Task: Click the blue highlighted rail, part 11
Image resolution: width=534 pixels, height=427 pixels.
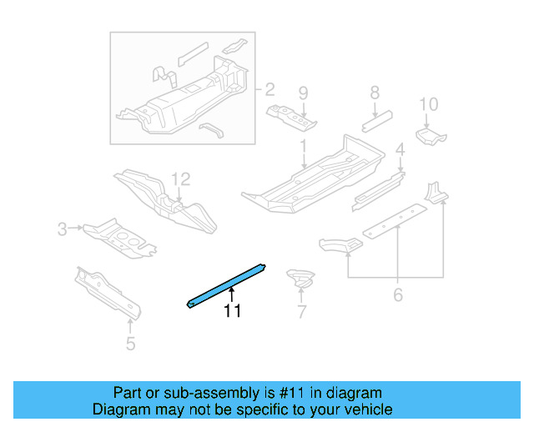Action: [x=226, y=284]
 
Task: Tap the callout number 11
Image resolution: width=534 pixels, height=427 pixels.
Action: [x=231, y=311]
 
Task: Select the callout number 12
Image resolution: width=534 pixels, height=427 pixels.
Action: [x=181, y=178]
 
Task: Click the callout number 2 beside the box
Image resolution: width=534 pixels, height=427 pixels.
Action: [x=270, y=89]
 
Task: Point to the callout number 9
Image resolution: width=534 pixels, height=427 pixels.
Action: [x=303, y=92]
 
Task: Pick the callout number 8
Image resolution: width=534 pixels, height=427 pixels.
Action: [x=375, y=93]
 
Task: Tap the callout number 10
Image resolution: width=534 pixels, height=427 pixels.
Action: [x=428, y=104]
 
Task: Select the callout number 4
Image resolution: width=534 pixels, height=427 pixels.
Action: [x=400, y=150]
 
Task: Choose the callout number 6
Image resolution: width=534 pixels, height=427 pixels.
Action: [x=397, y=294]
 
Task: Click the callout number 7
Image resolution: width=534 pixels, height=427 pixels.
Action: [x=301, y=313]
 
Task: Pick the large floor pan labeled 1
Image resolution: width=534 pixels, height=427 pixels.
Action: [x=317, y=175]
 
